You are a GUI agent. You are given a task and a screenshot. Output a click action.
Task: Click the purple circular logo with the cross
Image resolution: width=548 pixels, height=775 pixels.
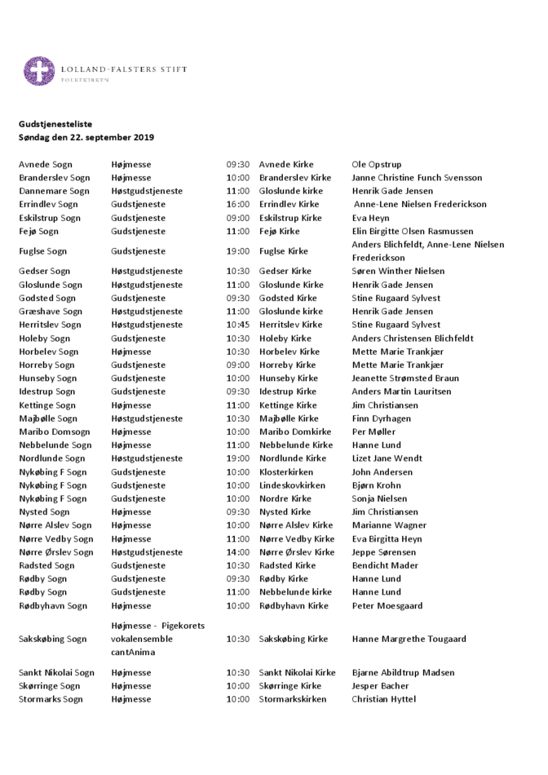(39, 72)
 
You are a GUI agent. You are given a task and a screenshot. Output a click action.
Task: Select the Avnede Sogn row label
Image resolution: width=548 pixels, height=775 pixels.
(46, 165)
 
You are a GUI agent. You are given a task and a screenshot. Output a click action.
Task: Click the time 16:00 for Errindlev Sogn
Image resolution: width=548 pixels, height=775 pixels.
(238, 205)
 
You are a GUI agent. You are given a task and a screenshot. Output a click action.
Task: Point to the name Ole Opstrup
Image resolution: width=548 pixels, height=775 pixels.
(377, 165)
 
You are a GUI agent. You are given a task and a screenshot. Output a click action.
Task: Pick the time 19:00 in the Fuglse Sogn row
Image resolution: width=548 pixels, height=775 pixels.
(238, 251)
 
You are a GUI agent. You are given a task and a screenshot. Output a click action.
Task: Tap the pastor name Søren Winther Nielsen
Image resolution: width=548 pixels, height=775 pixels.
(398, 272)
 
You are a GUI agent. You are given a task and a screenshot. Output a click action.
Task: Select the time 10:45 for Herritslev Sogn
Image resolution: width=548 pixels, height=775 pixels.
(238, 325)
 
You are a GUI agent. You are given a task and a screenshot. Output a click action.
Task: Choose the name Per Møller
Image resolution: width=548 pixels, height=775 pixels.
(373, 432)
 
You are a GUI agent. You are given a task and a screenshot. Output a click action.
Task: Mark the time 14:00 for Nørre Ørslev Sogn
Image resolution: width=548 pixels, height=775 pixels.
(238, 552)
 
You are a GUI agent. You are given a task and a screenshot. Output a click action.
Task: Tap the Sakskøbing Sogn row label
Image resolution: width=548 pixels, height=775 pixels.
(53, 640)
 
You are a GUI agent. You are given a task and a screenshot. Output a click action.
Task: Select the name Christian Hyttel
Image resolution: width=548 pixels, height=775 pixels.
(383, 699)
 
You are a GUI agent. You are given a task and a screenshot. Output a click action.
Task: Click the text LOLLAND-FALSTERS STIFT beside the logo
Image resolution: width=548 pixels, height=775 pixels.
(124, 69)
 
